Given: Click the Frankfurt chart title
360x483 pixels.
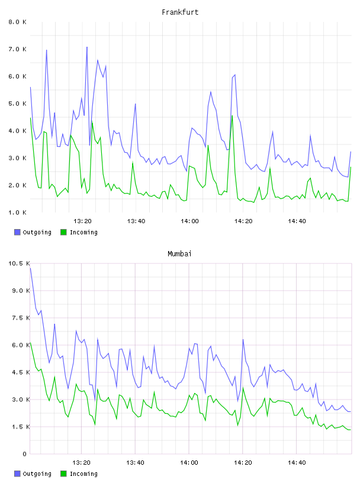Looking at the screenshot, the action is (180, 12).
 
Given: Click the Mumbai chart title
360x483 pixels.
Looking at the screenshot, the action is (179, 254).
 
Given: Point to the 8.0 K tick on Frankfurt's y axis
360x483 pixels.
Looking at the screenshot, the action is (18, 22).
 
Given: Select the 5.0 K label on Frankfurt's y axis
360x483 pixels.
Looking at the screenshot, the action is (18, 104).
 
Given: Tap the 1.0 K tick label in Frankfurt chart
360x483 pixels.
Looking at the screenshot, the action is (18, 212).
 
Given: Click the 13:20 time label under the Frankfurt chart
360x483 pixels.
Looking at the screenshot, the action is (83, 221).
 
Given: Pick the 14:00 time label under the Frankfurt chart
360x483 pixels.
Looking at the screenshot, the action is (189, 221).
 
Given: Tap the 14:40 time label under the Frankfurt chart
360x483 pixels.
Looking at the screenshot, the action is (297, 221).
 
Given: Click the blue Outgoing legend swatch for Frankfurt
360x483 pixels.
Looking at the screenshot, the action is (17, 232).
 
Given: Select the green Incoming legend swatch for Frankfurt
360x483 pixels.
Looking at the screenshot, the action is (63, 232).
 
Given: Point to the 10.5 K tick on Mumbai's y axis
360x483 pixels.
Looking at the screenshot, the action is (19, 263).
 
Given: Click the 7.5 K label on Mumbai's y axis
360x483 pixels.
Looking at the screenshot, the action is (21, 318).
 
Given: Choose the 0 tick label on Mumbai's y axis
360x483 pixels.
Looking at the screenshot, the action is (24, 454).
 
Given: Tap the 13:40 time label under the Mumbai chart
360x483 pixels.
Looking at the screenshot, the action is (136, 463).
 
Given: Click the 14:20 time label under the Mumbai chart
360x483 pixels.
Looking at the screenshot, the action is (243, 463).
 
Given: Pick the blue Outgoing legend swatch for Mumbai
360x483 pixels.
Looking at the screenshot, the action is (17, 474).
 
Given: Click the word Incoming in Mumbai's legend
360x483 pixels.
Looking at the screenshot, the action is (83, 474).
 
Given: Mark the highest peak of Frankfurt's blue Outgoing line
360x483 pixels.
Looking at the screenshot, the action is (87, 47).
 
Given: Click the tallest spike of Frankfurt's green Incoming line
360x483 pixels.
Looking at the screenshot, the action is (232, 116).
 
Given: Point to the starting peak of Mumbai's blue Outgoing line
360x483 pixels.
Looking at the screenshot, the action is (30, 268).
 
